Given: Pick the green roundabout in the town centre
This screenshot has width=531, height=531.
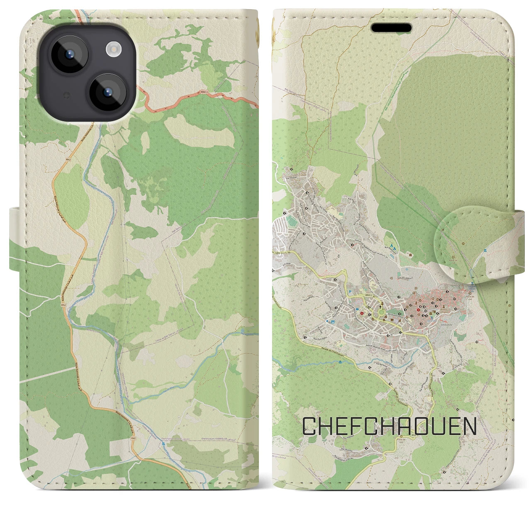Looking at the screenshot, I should pos(381,311).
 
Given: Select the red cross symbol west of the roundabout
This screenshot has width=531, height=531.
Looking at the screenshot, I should pos(361,313).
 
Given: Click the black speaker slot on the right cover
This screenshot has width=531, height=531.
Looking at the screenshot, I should pos(391,28).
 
